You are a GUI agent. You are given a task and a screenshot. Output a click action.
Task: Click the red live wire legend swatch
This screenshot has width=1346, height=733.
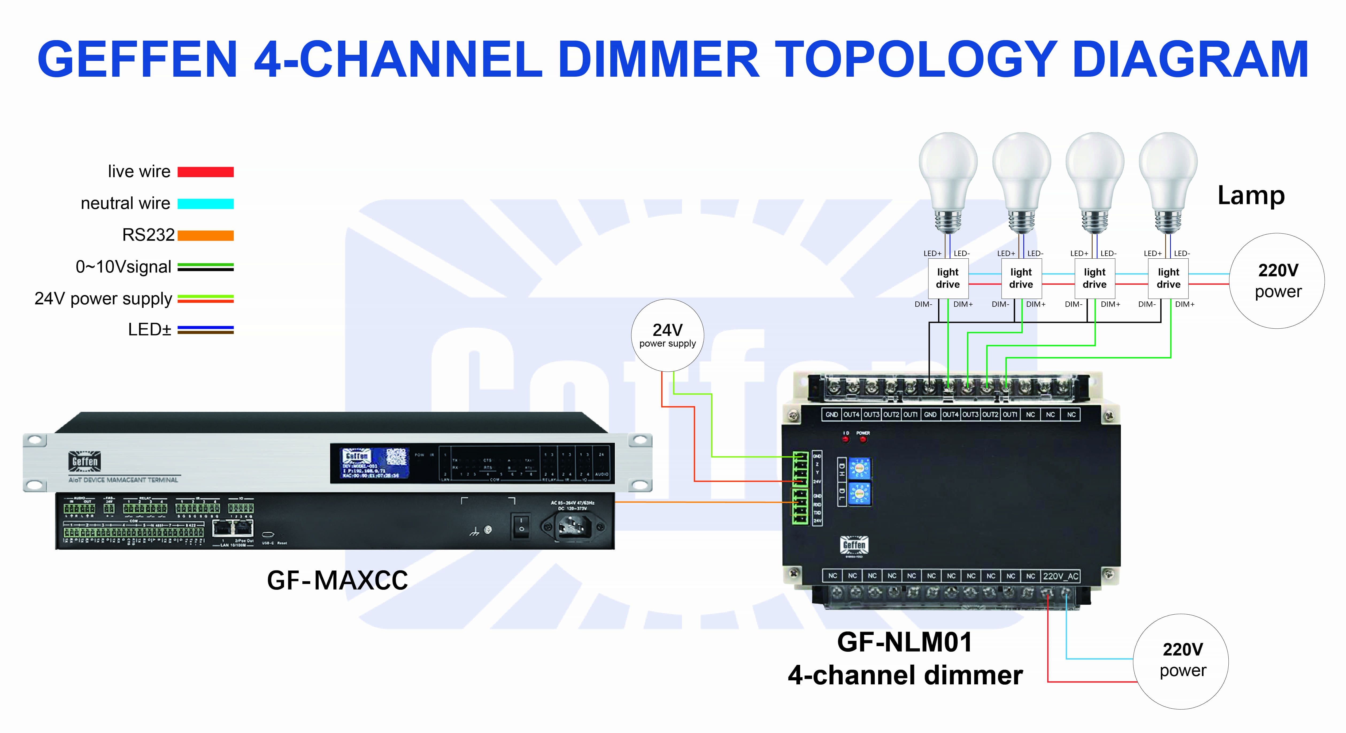coord(205,172)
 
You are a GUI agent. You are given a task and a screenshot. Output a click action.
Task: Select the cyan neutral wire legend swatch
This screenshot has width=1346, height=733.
coord(205,204)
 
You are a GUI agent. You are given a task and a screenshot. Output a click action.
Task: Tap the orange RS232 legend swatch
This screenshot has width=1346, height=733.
coord(205,236)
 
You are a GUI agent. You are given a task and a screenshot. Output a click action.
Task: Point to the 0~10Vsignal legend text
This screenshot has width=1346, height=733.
coord(123,267)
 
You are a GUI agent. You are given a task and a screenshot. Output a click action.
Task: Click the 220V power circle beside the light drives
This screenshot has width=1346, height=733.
coord(1277,281)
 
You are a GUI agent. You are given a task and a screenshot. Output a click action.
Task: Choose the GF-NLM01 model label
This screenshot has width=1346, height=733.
coord(904,642)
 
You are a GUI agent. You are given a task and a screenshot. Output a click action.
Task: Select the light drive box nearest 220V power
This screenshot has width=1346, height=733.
coord(1168,278)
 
